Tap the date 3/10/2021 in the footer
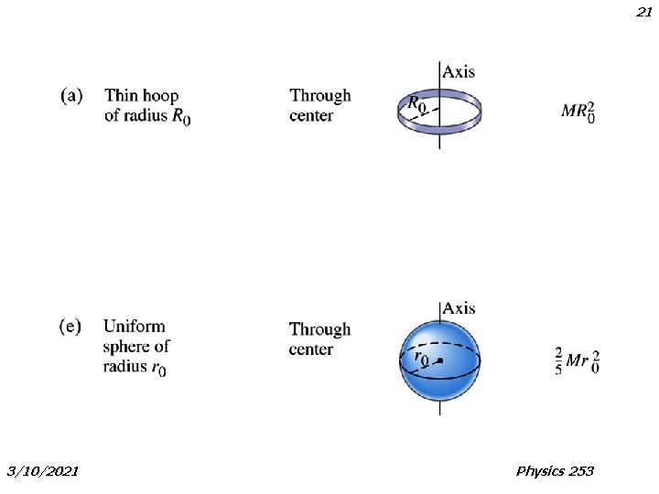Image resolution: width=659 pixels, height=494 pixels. (42, 471)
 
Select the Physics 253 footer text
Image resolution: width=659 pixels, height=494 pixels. (555, 471)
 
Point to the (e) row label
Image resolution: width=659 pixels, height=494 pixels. (70, 326)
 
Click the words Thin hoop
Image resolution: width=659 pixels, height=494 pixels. (142, 94)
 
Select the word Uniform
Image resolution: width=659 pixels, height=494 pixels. (135, 326)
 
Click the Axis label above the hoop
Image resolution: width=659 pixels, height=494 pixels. (459, 71)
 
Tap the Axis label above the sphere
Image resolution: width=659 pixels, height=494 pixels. (459, 308)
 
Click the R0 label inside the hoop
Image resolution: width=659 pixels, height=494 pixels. (416, 104)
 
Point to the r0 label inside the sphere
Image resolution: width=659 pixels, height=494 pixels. (423, 359)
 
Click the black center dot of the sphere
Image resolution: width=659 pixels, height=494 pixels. (440, 361)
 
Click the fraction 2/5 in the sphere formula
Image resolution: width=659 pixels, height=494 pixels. (558, 360)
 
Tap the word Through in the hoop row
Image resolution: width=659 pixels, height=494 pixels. (320, 95)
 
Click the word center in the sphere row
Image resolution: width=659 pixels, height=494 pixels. (311, 349)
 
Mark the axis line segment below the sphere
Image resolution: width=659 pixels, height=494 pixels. (440, 408)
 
